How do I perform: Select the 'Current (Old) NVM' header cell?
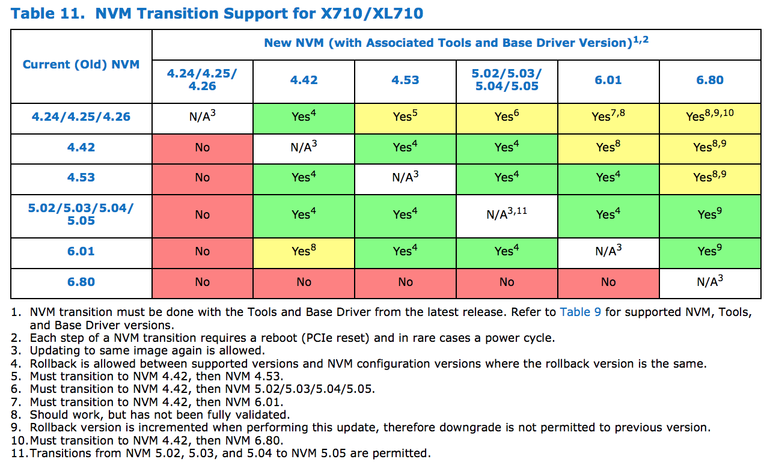tap(81, 64)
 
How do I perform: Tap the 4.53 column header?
tap(405, 80)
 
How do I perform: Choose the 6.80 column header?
tap(709, 80)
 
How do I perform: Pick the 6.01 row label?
tap(81, 251)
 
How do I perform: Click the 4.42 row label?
tap(81, 147)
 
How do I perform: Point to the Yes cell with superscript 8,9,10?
tap(709, 116)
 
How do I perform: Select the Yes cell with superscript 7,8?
tap(608, 116)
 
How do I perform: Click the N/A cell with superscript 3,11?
tap(507, 214)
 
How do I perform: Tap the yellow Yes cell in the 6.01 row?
tap(304, 251)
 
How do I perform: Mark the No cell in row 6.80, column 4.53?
tap(405, 282)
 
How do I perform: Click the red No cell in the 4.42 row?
tap(203, 147)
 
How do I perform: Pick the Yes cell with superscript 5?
tap(405, 116)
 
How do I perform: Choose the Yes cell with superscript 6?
tap(507, 116)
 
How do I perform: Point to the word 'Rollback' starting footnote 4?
tap(52, 363)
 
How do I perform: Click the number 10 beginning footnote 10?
tap(18, 440)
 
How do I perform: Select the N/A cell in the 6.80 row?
tap(709, 282)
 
